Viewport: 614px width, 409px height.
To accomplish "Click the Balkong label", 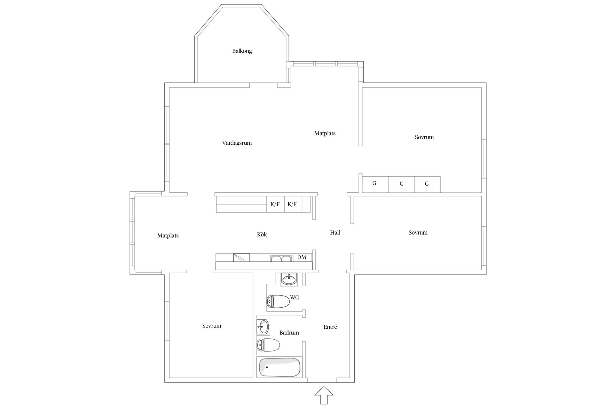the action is click(x=242, y=51).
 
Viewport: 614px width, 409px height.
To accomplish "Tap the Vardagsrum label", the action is click(x=237, y=143).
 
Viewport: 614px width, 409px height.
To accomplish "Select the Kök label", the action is click(x=262, y=235).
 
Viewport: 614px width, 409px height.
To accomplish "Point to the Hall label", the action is click(x=335, y=233).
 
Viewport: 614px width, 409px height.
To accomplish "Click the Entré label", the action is click(x=330, y=327).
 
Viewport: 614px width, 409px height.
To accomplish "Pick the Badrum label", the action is click(x=289, y=333).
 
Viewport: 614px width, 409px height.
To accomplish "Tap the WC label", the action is click(x=295, y=297).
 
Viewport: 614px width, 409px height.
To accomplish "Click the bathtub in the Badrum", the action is click(x=279, y=367).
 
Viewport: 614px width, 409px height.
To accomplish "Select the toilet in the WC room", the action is click(x=278, y=301).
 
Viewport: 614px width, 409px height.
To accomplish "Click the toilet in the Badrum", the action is click(x=268, y=345).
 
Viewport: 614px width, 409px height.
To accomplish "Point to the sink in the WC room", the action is click(x=289, y=279).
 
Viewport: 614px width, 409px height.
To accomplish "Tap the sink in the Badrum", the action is click(x=263, y=327).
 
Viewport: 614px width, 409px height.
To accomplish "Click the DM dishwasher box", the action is click(x=302, y=257).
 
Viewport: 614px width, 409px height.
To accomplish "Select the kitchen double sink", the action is click(x=281, y=258).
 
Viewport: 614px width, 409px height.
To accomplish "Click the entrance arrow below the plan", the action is click(x=324, y=395).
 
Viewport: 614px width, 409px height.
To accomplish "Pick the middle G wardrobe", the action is click(x=401, y=184).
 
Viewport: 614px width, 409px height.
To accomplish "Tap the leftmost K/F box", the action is click(x=275, y=204).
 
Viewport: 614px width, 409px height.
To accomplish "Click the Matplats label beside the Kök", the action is click(x=168, y=236).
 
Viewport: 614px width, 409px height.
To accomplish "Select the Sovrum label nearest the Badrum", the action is click(x=212, y=326).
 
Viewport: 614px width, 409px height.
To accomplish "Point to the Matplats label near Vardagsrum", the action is click(x=325, y=134).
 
